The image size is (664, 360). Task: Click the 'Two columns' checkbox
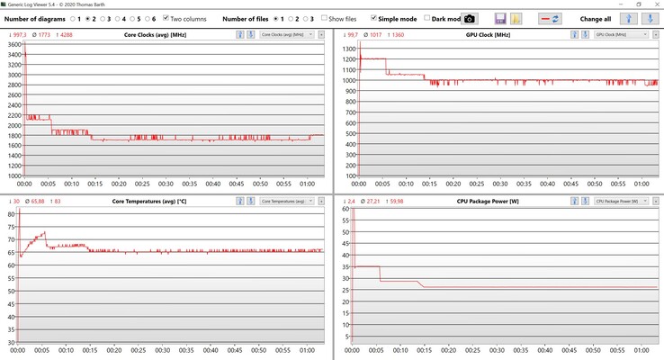point(166,18)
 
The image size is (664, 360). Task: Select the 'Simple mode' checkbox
point(374,18)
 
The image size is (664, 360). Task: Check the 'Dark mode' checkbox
point(428,18)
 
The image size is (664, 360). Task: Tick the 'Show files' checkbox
point(325,18)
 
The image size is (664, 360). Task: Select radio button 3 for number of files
point(304,18)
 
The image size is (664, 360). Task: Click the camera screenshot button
point(470,18)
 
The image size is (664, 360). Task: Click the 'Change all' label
point(596,18)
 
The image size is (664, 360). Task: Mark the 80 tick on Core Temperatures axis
point(11,214)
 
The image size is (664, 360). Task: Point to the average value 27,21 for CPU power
point(373,200)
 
